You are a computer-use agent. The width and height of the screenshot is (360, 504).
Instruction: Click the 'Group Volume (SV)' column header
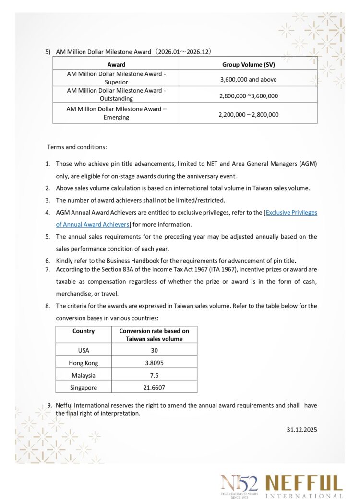248,64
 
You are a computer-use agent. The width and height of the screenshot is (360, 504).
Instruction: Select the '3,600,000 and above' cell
248,79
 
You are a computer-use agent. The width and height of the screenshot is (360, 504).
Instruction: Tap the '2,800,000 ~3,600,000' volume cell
248,96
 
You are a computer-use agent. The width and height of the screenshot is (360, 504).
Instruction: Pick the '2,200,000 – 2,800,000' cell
248,114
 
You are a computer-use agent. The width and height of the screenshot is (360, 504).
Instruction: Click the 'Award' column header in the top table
116,64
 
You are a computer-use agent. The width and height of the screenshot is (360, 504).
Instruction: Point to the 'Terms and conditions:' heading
77,146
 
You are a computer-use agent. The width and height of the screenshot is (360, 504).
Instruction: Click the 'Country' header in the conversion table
84,331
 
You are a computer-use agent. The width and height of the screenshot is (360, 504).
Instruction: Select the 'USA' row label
84,350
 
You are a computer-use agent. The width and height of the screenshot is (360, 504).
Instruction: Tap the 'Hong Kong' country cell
84,363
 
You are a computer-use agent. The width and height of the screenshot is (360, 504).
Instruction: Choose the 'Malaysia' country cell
84,375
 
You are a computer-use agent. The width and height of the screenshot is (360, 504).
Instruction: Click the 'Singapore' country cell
84,387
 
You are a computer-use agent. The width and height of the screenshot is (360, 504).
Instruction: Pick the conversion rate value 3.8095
154,363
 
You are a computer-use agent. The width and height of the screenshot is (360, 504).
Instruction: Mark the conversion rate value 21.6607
154,387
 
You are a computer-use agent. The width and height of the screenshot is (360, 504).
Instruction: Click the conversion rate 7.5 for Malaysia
154,375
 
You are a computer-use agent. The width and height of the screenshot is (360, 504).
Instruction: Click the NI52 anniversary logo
240,485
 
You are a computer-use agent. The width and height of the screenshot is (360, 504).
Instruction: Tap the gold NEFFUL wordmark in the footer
304,483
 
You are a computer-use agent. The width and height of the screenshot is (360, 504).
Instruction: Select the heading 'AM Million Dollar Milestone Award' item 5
133,51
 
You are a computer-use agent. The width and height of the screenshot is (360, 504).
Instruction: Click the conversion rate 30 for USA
154,350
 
